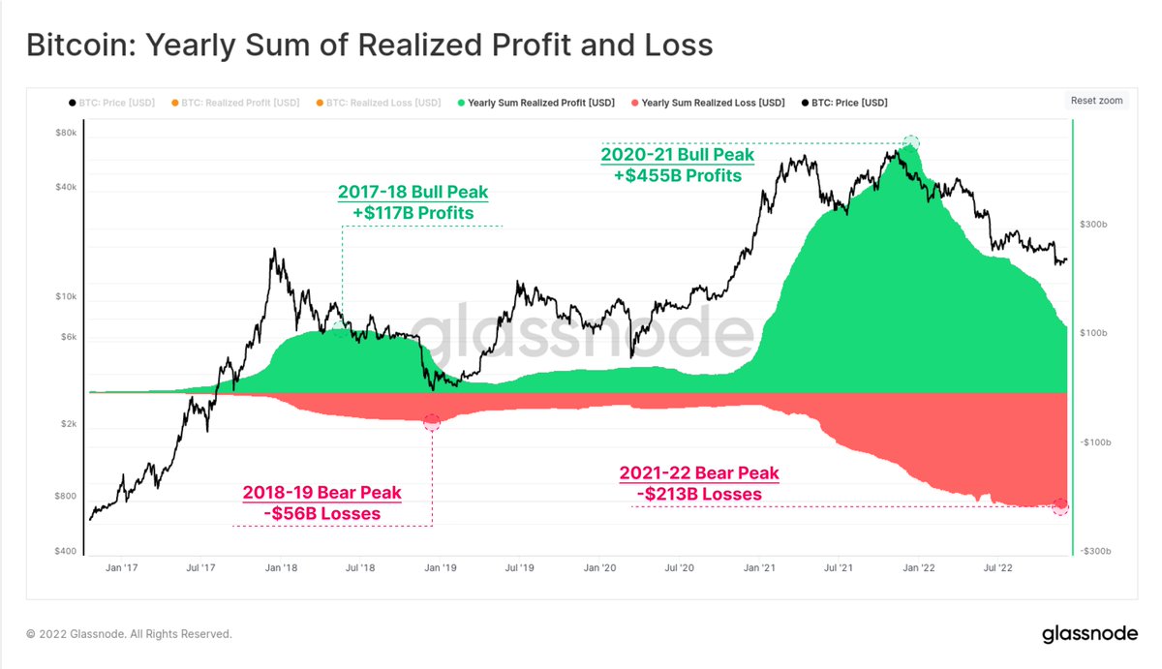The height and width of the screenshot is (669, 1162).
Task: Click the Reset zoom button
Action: coord(1096,101)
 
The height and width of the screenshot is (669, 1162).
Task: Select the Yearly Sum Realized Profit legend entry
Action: coord(535,103)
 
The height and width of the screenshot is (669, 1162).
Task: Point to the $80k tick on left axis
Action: coord(65,133)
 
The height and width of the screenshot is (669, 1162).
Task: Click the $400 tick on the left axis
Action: coord(65,551)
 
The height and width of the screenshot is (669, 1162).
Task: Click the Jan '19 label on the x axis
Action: coord(441,568)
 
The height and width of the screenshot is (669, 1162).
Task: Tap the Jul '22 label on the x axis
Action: coord(998,568)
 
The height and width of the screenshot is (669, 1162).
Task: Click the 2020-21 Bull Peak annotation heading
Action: coord(677,155)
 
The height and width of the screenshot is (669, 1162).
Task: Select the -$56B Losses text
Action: coord(321,513)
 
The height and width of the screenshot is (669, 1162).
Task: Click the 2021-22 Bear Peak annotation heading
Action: coord(699,473)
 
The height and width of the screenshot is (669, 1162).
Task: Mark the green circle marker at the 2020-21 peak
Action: coord(910,143)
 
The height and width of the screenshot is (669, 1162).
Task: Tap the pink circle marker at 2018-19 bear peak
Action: coord(432,422)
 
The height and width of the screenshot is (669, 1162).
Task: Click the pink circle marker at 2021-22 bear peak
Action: coord(1060,505)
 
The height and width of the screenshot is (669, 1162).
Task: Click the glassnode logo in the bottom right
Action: coord(1088,635)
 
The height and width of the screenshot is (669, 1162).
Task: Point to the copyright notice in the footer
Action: coord(129,634)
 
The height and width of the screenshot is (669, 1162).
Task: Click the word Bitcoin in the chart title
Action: coord(76,45)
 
